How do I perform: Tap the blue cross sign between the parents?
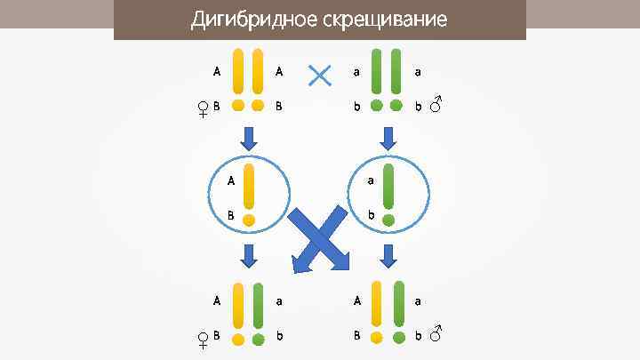tap(319, 76)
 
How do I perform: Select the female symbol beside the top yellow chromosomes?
tap(204, 109)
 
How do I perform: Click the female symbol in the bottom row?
tap(204, 339)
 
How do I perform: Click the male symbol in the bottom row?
tap(436, 334)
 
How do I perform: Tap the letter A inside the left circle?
tap(230, 180)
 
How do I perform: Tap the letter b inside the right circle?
tap(371, 214)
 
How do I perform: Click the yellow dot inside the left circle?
tap(249, 219)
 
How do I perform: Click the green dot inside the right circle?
tap(388, 219)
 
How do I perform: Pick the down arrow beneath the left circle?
tap(249, 256)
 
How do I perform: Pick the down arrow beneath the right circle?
tap(388, 256)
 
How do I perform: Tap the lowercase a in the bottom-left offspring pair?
tap(279, 301)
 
